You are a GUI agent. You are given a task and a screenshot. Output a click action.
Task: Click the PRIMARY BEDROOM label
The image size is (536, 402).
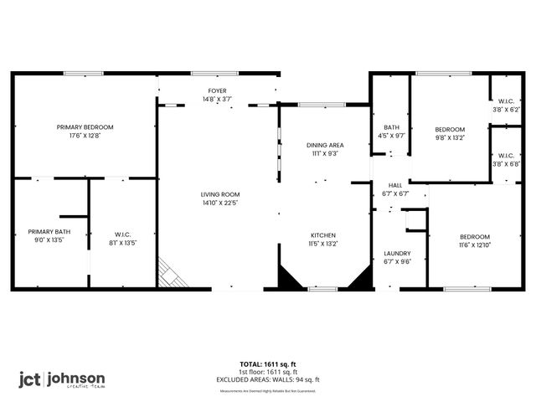pyautogui.click(x=85, y=127)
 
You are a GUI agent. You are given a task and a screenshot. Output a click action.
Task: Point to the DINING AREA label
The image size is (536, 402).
pyautogui.click(x=325, y=145)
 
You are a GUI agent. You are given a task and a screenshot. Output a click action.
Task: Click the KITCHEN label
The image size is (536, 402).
pyautogui.click(x=323, y=235)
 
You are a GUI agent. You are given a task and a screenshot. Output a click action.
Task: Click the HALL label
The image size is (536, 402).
pyautogui.click(x=394, y=185)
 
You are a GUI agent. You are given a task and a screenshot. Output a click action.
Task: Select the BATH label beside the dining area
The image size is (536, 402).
pyautogui.click(x=391, y=127)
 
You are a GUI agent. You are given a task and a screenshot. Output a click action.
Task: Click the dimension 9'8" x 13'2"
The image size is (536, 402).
pyautogui.click(x=449, y=137)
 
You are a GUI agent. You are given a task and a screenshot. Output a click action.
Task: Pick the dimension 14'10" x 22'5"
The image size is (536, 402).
pyautogui.click(x=219, y=203)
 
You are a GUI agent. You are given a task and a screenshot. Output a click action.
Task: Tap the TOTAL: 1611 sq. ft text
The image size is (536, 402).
pyautogui.click(x=269, y=364)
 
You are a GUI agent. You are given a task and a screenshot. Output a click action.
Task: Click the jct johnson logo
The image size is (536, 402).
pyautogui.click(x=62, y=379)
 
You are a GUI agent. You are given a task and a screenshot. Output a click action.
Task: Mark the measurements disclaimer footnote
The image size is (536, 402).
pyautogui.click(x=269, y=390)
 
